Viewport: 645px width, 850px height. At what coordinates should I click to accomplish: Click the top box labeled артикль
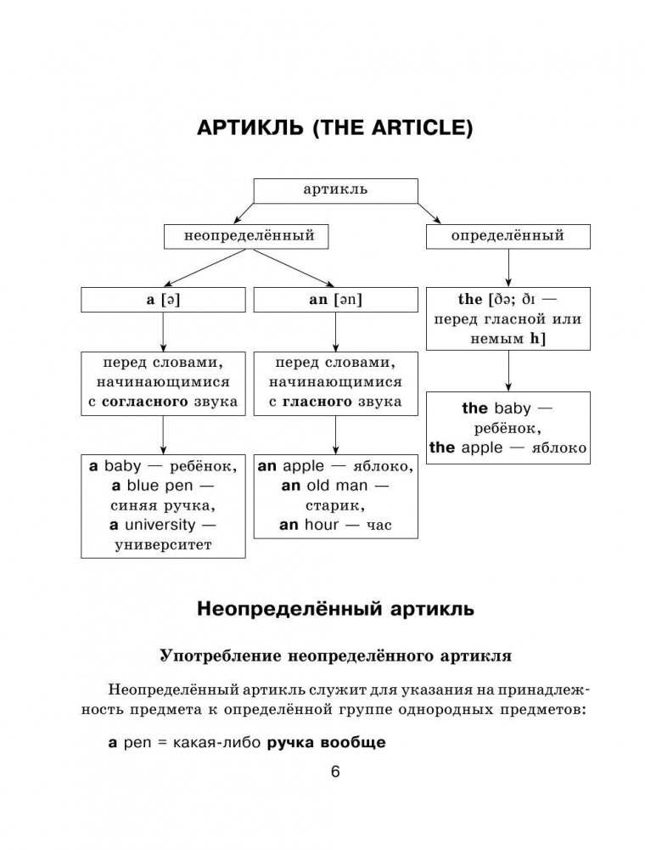pyautogui.click(x=335, y=189)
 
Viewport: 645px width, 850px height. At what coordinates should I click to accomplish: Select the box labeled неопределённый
pyautogui.click(x=249, y=235)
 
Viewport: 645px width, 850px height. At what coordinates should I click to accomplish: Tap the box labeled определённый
pyautogui.click(x=508, y=235)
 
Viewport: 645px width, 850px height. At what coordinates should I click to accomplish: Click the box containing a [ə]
pyautogui.click(x=164, y=300)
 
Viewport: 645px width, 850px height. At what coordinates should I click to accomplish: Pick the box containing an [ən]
pyautogui.click(x=335, y=300)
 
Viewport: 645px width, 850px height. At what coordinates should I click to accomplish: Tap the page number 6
pyautogui.click(x=334, y=772)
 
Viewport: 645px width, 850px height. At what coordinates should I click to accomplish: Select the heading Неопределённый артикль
pyautogui.click(x=334, y=609)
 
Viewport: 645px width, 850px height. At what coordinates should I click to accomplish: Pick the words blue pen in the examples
pyautogui.click(x=155, y=486)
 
